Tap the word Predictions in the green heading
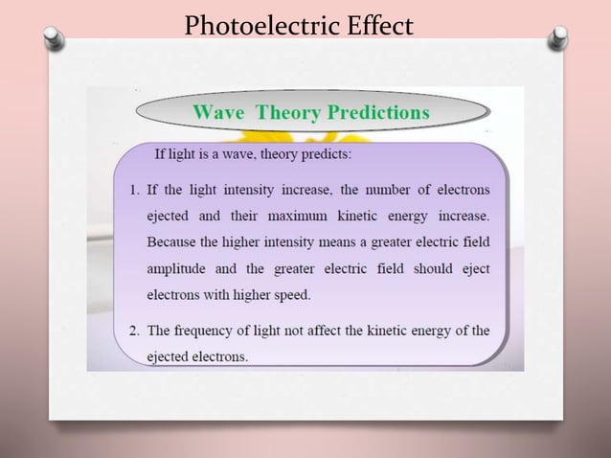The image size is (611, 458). (x=379, y=112)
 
